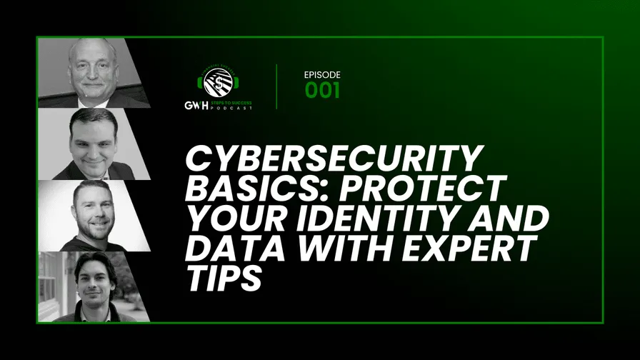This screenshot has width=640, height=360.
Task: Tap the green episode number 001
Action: [322, 91]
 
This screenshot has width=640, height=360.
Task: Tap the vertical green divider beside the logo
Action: [277, 86]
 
